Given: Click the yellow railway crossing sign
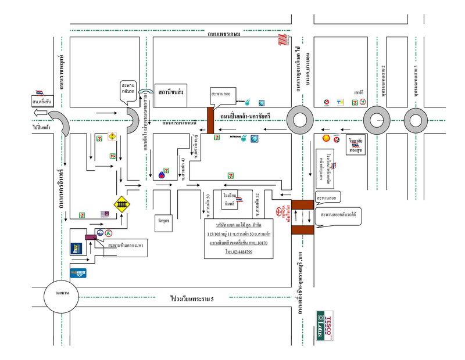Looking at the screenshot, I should click(122, 204).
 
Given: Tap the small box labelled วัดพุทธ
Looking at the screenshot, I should click(164, 221).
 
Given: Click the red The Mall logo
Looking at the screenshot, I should click(282, 40).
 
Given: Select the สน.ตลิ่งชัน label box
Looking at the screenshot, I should click(42, 101).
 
